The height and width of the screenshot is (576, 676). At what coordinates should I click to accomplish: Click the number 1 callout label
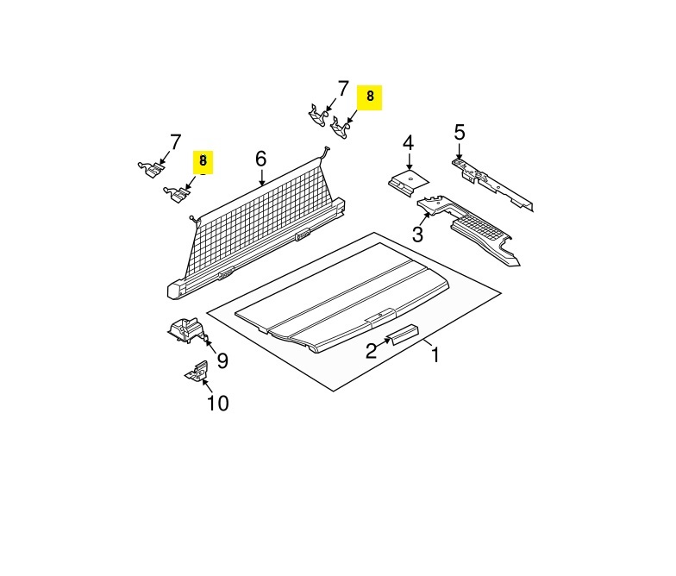pyautogui.click(x=435, y=355)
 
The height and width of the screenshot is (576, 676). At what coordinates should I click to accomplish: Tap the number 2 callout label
pyautogui.click(x=371, y=350)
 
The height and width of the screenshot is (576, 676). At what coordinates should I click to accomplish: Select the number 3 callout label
pyautogui.click(x=417, y=235)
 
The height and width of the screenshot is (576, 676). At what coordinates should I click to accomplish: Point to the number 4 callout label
pyautogui.click(x=408, y=143)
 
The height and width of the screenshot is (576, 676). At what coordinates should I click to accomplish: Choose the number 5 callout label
pyautogui.click(x=460, y=133)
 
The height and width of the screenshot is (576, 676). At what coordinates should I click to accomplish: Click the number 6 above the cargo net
pyautogui.click(x=260, y=159)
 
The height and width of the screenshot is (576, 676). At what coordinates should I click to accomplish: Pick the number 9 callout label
pyautogui.click(x=222, y=360)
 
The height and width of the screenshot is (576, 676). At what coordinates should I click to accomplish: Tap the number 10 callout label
pyautogui.click(x=218, y=404)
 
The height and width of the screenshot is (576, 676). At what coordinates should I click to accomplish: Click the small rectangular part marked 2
pyautogui.click(x=403, y=335)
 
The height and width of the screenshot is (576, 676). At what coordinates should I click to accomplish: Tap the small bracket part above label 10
pyautogui.click(x=197, y=372)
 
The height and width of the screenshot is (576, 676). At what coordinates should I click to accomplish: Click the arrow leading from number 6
pyautogui.click(x=262, y=178)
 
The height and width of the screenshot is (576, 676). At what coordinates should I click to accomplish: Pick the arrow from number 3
pyautogui.click(x=426, y=219)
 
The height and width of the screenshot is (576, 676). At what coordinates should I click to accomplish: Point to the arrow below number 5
pyautogui.click(x=460, y=152)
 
